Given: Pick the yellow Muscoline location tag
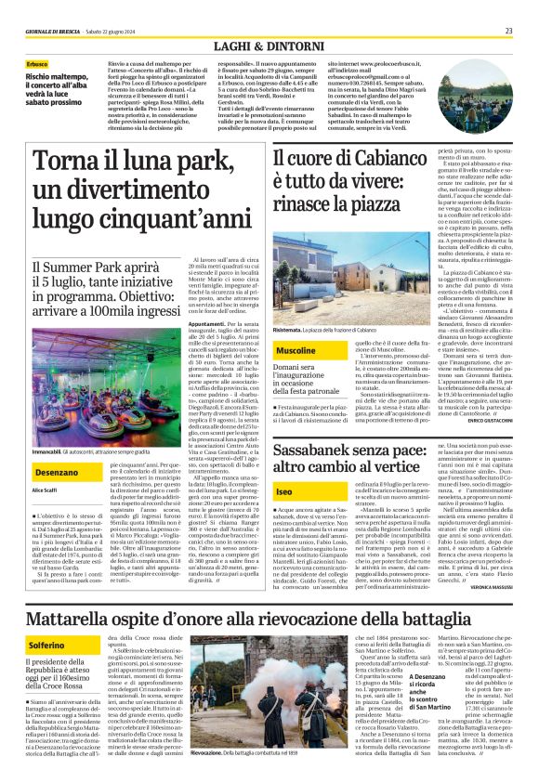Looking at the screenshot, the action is coord(296,350).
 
